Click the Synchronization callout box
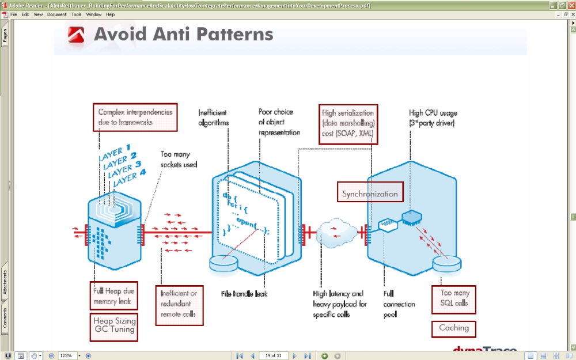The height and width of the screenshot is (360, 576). click(x=370, y=194)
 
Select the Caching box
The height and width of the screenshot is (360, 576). click(x=454, y=328)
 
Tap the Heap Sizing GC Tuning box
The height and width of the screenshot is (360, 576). click(x=114, y=325)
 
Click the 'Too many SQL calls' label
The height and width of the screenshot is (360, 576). click(x=454, y=298)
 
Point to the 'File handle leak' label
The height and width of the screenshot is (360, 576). click(x=244, y=294)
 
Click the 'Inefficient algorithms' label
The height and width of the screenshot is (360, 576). click(x=214, y=118)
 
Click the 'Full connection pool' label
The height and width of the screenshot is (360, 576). click(x=396, y=304)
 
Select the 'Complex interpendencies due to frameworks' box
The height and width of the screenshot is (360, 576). click(x=135, y=117)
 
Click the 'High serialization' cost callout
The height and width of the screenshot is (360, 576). click(x=348, y=123)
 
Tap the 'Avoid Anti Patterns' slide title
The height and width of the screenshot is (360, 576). click(x=183, y=35)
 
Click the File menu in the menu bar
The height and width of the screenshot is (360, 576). click(x=14, y=14)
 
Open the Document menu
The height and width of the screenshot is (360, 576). click(x=56, y=14)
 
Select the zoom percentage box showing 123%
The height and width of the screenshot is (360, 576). click(x=67, y=356)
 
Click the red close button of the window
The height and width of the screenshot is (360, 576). click(x=571, y=5)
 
